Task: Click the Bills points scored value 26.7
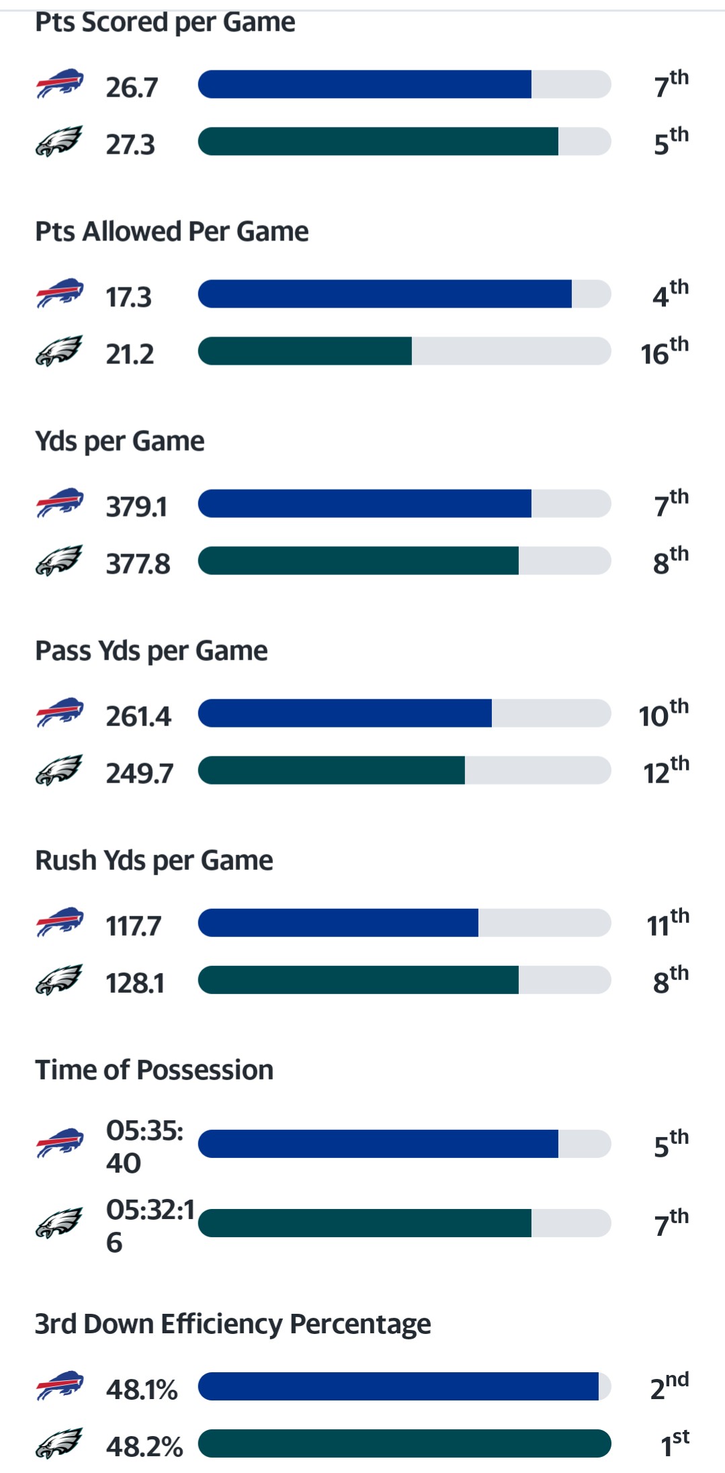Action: [x=132, y=87]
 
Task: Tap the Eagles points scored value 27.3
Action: [x=130, y=145]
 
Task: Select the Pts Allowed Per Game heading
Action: [x=171, y=232]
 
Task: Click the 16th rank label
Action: [x=664, y=352]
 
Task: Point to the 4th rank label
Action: [x=670, y=294]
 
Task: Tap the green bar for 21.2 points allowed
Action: [x=305, y=351]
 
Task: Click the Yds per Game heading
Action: [x=120, y=441]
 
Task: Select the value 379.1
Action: [x=136, y=507]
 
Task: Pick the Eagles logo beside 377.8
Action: [x=59, y=561]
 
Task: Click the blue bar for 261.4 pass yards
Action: [x=345, y=713]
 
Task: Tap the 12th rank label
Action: [x=666, y=771]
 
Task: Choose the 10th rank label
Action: [x=663, y=714]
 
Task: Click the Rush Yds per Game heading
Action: [x=154, y=860]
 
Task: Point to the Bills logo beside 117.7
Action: [x=59, y=922]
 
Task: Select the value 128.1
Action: [x=135, y=983]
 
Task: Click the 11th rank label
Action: [x=667, y=924]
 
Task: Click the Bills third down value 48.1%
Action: [x=141, y=1389]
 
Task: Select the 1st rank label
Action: [x=674, y=1443]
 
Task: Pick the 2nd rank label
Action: [x=669, y=1386]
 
